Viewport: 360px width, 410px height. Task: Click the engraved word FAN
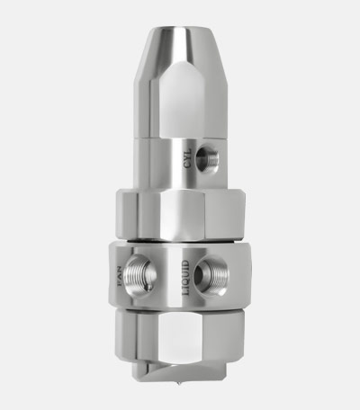pos(124,272)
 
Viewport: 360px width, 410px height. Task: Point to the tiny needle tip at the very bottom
pos(182,393)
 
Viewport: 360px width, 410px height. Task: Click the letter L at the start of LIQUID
pos(186,293)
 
